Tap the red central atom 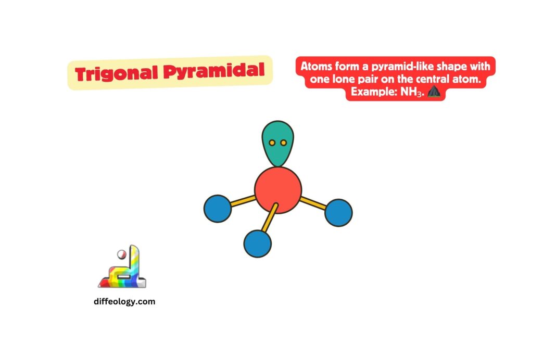click(x=278, y=189)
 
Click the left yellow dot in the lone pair click(x=272, y=143)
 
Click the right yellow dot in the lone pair click(x=283, y=143)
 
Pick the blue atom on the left click(x=217, y=208)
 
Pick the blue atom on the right click(x=338, y=212)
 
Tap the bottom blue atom click(x=257, y=243)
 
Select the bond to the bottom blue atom click(x=268, y=218)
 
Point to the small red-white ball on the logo click(x=121, y=254)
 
